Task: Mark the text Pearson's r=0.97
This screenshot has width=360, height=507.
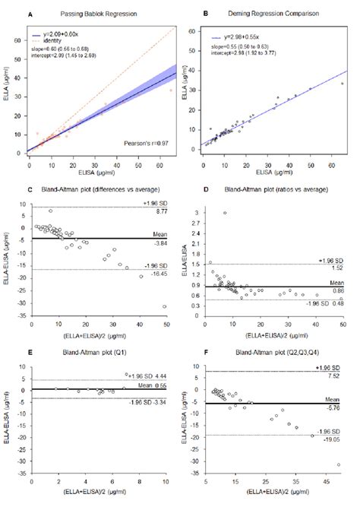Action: [x=146, y=141]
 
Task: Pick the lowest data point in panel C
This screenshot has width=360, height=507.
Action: [x=164, y=306]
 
